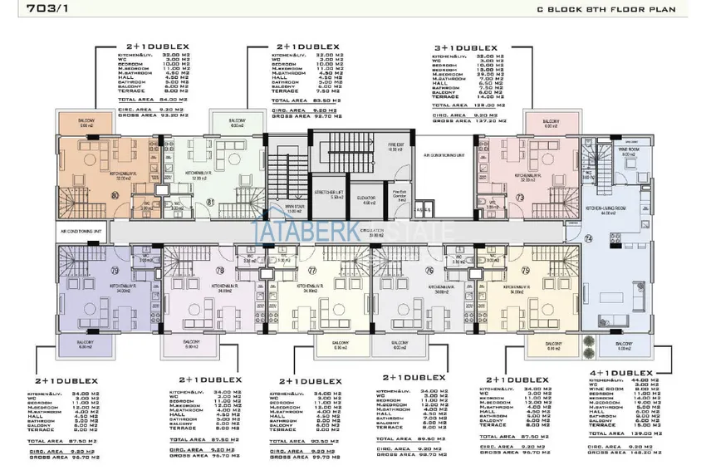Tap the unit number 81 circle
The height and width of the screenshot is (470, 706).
(x=210, y=202)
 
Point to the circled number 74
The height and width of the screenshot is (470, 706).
(x=589, y=238)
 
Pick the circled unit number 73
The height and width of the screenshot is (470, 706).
(x=519, y=197)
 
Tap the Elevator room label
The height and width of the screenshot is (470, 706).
(x=365, y=199)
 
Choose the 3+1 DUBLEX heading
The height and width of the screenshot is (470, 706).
(x=466, y=49)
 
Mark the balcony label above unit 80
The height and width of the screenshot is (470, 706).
(x=86, y=122)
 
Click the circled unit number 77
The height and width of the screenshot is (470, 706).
(x=311, y=270)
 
